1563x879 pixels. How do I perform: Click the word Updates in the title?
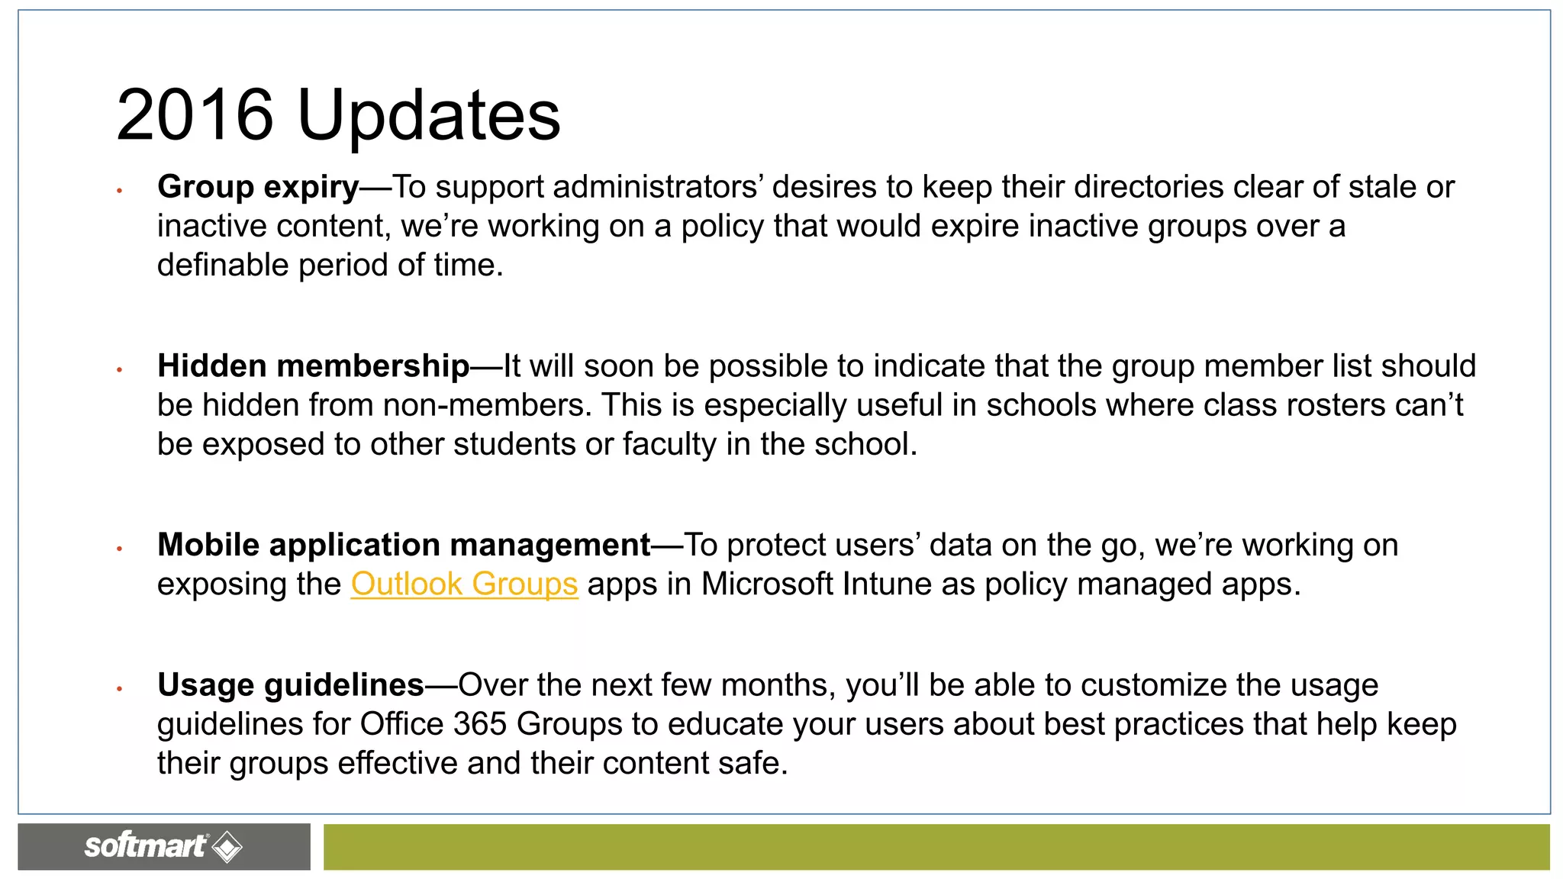click(428, 116)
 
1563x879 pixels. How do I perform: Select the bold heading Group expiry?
click(258, 187)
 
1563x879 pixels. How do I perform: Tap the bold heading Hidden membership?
click(313, 366)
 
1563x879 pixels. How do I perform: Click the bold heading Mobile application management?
click(404, 546)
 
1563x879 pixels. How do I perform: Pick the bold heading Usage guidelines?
click(290, 685)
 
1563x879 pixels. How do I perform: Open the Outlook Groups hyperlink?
click(464, 584)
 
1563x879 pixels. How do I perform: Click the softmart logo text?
click(145, 845)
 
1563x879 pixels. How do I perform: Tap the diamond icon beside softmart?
click(227, 847)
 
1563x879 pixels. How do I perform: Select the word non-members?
click(487, 405)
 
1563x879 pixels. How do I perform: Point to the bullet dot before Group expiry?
click(120, 190)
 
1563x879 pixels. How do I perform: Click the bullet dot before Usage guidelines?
click(120, 688)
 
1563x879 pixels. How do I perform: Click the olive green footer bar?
click(936, 847)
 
